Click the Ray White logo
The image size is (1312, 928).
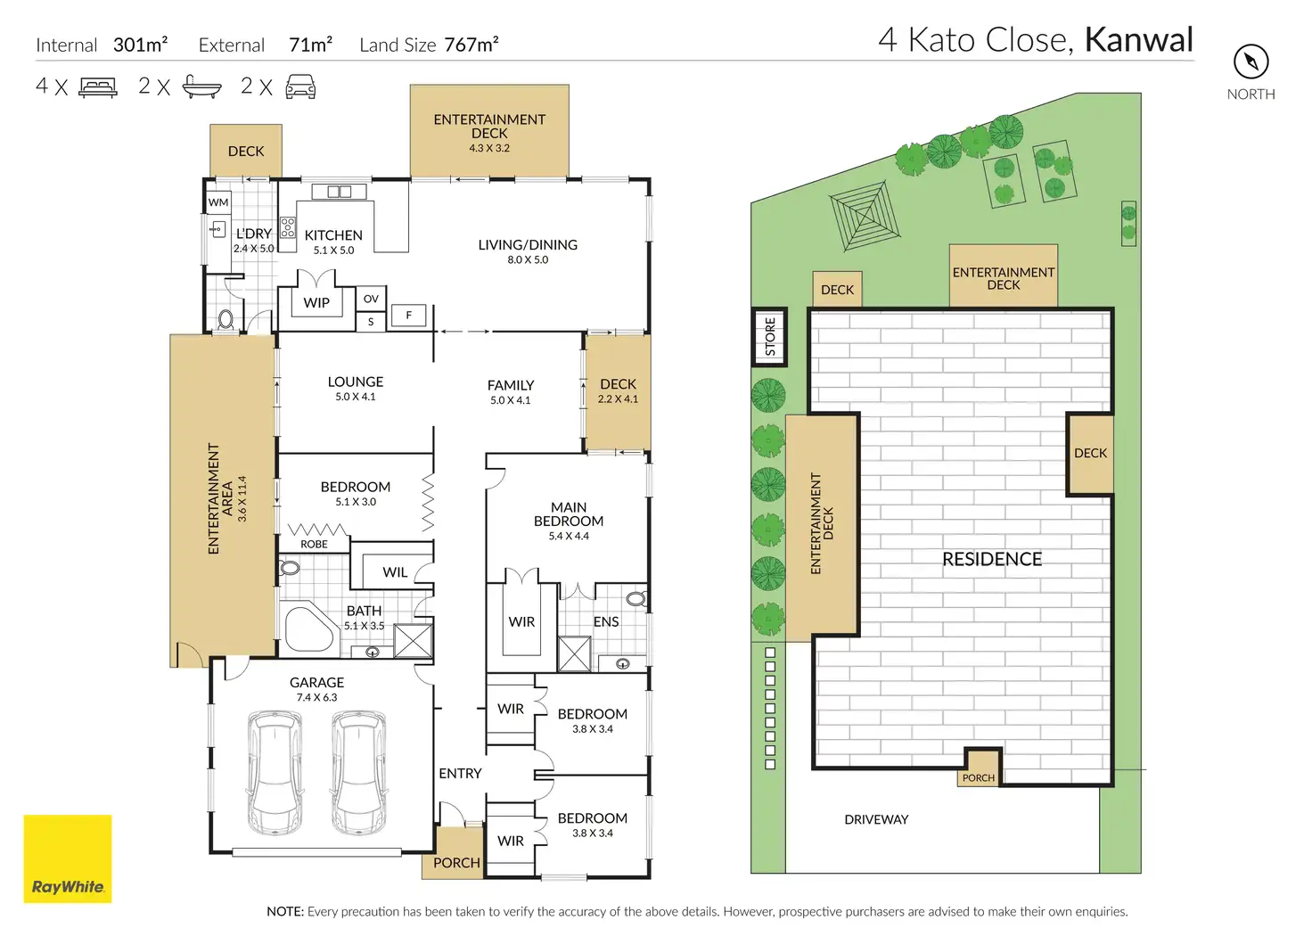tap(68, 858)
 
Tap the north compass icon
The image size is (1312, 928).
tap(1250, 62)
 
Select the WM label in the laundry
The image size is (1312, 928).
tap(218, 202)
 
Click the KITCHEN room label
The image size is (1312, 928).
tap(333, 235)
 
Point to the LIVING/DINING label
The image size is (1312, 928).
tap(528, 245)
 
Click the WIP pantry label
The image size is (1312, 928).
tap(316, 303)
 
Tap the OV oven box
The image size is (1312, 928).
tap(371, 299)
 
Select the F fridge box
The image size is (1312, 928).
tap(409, 315)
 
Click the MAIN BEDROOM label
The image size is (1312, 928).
tap(569, 514)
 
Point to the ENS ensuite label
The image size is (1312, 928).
tap(606, 622)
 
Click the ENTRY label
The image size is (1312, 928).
tap(460, 774)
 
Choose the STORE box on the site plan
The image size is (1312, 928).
tap(770, 337)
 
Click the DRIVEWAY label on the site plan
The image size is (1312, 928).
tap(876, 819)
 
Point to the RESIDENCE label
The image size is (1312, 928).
tap(992, 559)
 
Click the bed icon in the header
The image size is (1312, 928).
tap(98, 86)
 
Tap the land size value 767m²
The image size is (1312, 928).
tap(471, 45)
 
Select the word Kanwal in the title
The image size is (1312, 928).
tap(1138, 40)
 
